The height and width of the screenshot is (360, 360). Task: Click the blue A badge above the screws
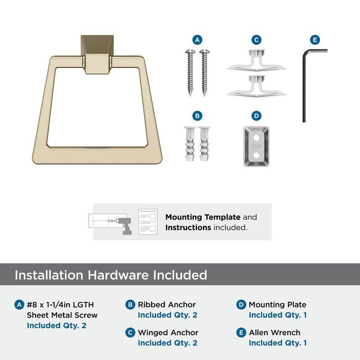(197, 40)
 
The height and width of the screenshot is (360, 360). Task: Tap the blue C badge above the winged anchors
(256, 40)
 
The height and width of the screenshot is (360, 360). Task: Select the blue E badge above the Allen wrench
(315, 40)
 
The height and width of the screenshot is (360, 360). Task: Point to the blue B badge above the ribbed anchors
(197, 116)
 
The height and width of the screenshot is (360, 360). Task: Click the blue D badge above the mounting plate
(256, 116)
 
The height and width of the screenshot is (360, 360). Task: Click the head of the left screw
(190, 51)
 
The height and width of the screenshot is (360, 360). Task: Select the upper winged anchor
(256, 60)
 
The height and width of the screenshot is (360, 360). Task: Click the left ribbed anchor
(190, 144)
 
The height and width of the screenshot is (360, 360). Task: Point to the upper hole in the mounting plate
(256, 138)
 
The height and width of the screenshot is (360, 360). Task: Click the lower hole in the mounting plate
(256, 155)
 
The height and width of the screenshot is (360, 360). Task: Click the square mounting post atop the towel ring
(97, 54)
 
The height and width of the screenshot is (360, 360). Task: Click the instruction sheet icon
(148, 222)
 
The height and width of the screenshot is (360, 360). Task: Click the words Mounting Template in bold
(203, 217)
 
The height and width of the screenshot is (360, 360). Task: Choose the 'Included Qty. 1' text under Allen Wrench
(278, 343)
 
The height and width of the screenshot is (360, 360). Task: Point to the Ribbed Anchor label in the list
(166, 305)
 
